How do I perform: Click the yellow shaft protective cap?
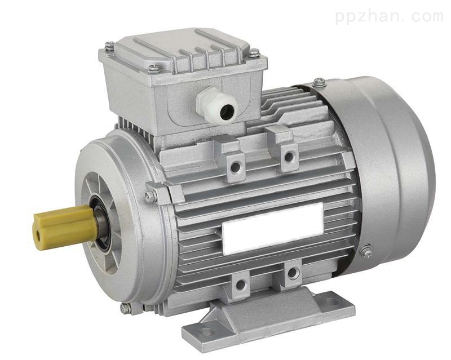coord(65,226)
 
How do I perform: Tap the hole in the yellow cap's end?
coord(38,236)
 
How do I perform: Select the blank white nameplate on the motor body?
coord(273,229)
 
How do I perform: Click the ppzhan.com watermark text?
coord(389,16)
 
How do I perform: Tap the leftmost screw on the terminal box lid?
coord(109,46)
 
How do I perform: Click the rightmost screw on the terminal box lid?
coord(254,52)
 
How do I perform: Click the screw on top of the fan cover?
coord(319,81)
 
